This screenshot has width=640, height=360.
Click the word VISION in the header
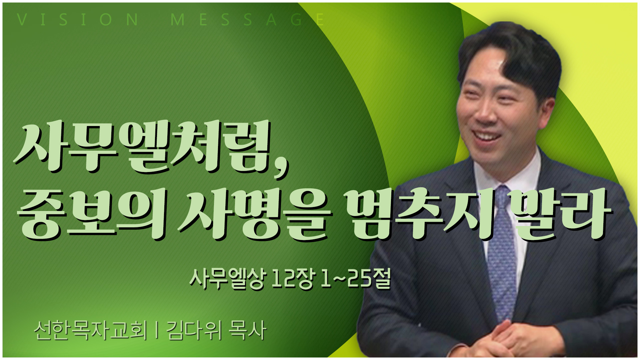(x=78, y=19)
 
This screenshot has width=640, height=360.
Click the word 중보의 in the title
(x=92, y=213)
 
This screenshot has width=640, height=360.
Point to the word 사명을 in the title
(x=255, y=213)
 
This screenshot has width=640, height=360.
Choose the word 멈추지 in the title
(x=418, y=213)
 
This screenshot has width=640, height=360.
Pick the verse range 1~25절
(x=355, y=278)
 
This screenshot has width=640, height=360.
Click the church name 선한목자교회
(x=90, y=330)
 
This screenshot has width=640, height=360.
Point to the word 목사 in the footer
(x=247, y=330)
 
